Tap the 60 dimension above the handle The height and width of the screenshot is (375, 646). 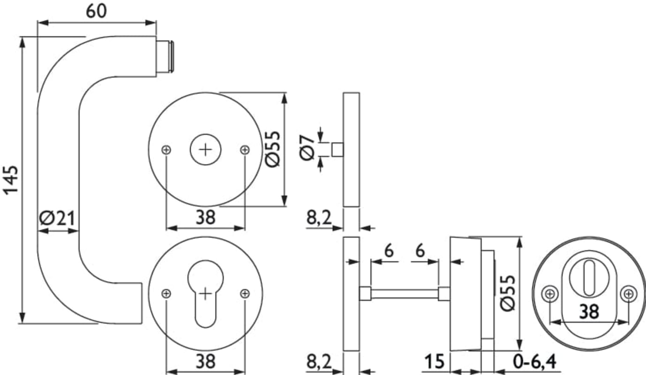pos(96,11)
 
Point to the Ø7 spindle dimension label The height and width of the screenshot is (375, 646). pos(308,147)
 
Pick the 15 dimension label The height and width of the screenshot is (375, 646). pos(435,361)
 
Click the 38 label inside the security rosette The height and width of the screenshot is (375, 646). pos(588,311)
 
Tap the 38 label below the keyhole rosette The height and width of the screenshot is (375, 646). pos(205,361)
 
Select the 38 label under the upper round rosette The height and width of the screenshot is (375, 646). pos(205,217)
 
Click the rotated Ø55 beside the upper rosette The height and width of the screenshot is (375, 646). pos(273,149)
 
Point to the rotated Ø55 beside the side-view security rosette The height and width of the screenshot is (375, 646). pos(508,293)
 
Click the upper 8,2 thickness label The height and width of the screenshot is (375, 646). pos(319,217)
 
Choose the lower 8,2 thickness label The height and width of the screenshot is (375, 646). pos(319,361)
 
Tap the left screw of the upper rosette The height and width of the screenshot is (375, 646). pos(166,150)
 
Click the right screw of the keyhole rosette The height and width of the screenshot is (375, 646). pos(245,293)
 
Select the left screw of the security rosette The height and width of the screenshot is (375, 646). pos(550,294)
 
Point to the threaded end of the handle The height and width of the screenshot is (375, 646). pos(165,56)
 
